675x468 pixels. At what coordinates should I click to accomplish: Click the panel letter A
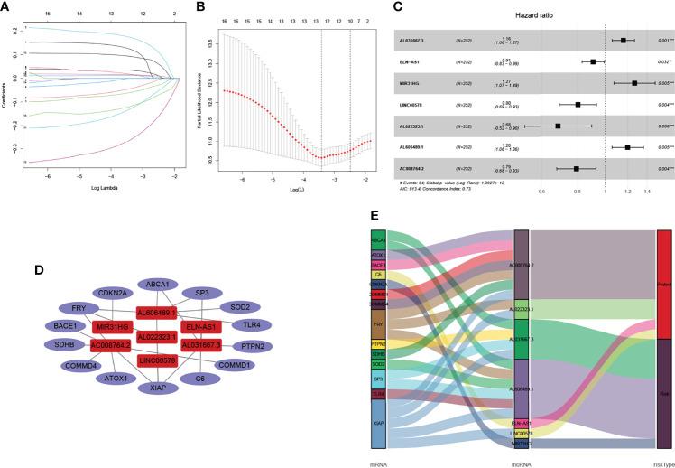coord(7,6)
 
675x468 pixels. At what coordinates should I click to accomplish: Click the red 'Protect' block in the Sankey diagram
coord(664,285)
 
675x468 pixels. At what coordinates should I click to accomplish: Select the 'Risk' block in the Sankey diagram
coord(664,393)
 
